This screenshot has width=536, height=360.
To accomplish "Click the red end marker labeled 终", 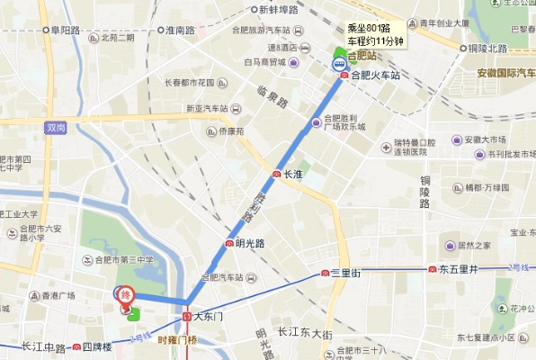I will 126,294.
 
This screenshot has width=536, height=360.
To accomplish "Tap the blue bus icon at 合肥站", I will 340,65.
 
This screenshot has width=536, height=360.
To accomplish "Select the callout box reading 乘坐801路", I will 377,33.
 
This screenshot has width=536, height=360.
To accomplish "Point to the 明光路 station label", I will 249,243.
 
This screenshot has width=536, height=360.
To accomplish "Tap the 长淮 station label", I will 291,174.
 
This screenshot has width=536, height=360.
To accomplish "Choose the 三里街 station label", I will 345,273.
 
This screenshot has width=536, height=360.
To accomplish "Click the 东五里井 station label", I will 459,269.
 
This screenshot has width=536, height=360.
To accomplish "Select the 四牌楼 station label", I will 95,346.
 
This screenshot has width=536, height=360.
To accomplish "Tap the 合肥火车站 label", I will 374,76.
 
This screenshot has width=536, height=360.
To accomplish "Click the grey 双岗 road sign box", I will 56,129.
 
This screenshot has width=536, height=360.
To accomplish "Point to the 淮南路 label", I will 180,31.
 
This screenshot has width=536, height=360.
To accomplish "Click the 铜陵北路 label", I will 489,49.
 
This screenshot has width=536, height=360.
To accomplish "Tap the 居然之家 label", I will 473,245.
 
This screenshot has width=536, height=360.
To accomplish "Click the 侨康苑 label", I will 230,131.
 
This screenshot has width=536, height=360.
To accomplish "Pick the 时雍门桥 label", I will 176,339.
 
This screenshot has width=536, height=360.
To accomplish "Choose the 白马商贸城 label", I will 264,63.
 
